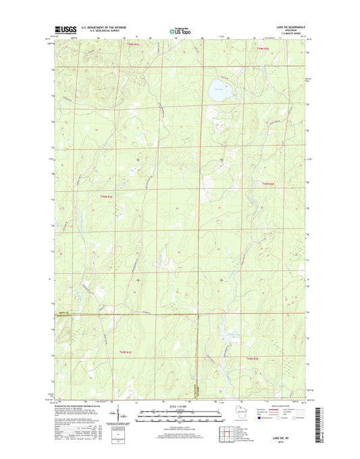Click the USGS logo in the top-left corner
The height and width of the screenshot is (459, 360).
(63, 30)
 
